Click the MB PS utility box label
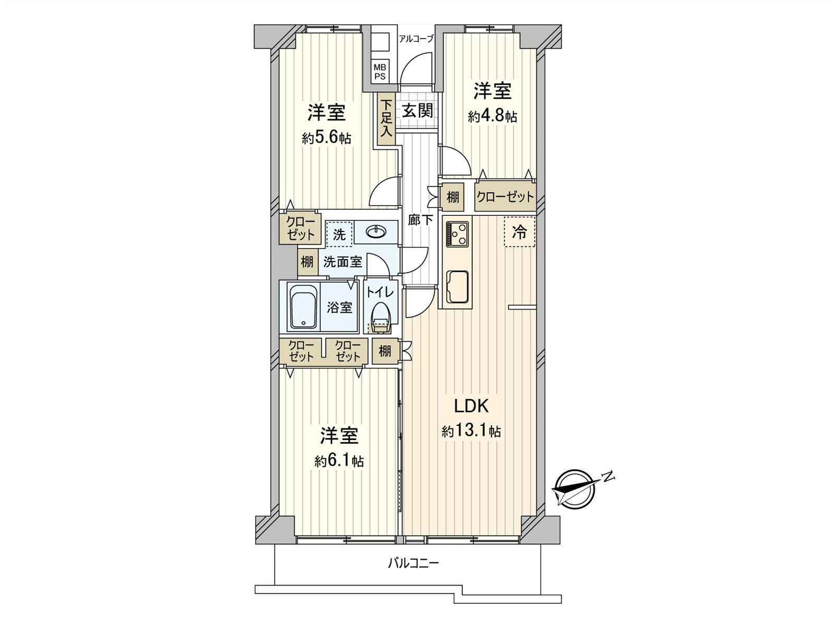(x=379, y=71)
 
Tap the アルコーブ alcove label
(x=415, y=38)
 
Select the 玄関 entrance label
(x=417, y=111)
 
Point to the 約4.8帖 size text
(x=492, y=116)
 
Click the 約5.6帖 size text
(x=326, y=138)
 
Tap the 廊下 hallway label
(x=420, y=220)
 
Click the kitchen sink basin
(x=458, y=286)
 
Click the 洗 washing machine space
(x=339, y=234)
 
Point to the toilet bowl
(x=381, y=315)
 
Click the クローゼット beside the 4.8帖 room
(x=505, y=196)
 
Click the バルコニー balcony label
(x=413, y=563)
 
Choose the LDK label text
(x=470, y=405)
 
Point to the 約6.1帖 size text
(x=339, y=461)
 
